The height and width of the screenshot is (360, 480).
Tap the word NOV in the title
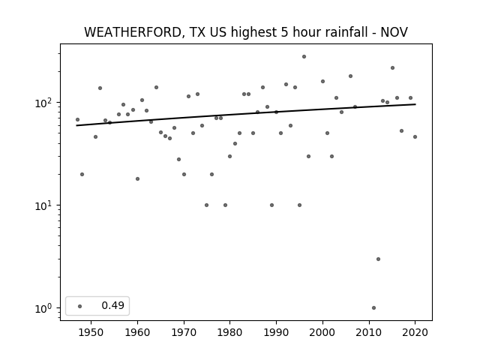point(394,32)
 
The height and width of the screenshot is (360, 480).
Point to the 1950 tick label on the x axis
point(91,332)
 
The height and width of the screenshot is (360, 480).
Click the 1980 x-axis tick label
point(229,332)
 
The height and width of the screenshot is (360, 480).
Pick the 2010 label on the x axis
point(368,332)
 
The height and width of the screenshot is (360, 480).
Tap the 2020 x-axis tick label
point(415,332)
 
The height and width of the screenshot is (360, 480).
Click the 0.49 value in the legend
point(113,305)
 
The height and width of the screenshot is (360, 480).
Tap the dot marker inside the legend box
point(80,306)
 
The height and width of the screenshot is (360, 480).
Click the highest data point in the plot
point(304,57)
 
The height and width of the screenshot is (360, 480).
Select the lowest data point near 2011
point(373,308)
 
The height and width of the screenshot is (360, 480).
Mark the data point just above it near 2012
point(378,259)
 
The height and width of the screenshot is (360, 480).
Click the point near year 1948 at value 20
point(82,175)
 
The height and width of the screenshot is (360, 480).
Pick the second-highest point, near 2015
point(392,68)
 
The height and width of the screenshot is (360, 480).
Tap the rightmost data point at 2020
point(415,136)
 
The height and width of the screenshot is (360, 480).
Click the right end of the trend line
point(415,104)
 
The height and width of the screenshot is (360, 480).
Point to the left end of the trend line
point(76,125)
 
